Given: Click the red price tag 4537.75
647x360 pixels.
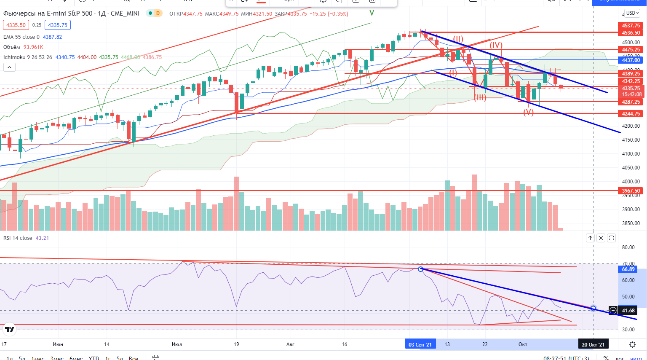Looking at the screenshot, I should point(631,26).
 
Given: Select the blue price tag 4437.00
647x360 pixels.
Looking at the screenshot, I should point(631,60).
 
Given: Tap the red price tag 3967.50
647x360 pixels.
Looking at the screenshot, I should point(631,191).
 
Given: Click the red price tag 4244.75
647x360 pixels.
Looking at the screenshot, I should point(631,114).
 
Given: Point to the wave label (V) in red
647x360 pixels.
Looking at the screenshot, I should point(528,112).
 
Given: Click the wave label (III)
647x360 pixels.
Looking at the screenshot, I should point(480,98).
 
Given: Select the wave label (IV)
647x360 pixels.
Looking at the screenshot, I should point(496,45).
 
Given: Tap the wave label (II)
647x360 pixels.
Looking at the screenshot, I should point(458,39).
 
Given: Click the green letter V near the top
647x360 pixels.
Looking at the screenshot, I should point(372,13).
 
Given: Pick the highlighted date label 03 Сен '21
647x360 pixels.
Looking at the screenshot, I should point(420,344).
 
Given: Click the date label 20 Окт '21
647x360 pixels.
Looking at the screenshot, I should point(593,344).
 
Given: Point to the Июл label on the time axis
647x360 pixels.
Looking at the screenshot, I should point(177,344).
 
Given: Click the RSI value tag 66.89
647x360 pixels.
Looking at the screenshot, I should point(628,269).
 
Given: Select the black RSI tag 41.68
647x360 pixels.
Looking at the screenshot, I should point(628,311).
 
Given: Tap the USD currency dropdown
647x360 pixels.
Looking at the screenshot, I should point(632,13).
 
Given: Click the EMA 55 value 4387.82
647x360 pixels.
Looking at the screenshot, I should point(52,37).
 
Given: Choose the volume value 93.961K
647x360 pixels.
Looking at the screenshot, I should point(33,47).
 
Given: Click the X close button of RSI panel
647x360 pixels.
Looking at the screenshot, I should point(601,238).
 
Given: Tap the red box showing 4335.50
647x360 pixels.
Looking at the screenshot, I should point(16,25).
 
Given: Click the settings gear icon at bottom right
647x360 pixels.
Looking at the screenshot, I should point(632,344).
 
